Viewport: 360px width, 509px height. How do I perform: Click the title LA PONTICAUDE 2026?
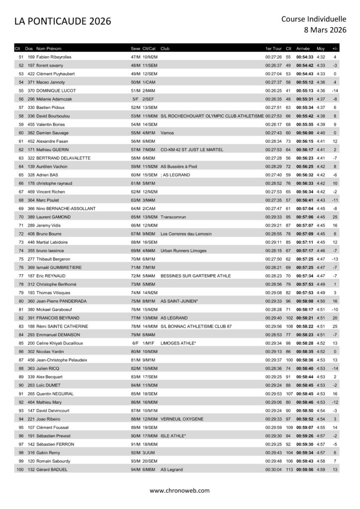tap(63, 21)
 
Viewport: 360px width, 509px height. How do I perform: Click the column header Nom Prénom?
tap(49, 49)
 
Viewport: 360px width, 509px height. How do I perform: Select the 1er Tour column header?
tap(274, 49)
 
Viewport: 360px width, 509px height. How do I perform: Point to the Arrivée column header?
tap(303, 49)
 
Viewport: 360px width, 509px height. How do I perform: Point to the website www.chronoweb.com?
tap(180, 491)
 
